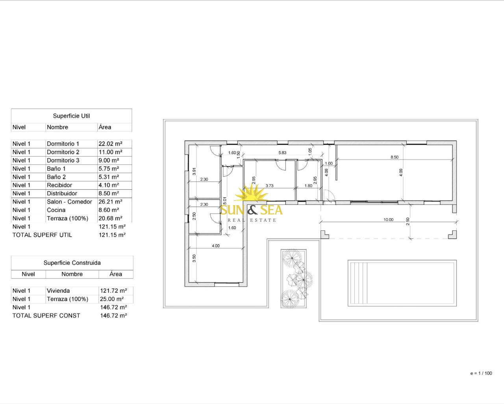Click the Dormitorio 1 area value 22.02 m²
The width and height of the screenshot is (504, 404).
[x=110, y=144]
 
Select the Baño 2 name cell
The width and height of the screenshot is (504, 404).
[x=56, y=177]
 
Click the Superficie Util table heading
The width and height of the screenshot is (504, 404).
[x=71, y=116]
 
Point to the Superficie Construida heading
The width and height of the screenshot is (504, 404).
[x=72, y=263]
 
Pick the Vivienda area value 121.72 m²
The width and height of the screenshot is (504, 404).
[x=113, y=291]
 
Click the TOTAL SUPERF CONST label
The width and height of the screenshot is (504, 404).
[x=46, y=316]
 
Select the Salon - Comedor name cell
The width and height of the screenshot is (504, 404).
[x=69, y=202]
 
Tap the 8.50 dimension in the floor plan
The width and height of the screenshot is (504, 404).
[x=395, y=157]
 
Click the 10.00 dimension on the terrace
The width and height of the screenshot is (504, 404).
[x=388, y=219]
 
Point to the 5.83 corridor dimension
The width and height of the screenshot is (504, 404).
[x=282, y=153]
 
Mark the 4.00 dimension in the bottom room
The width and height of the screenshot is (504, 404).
[x=216, y=246]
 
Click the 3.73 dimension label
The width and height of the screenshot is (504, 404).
[x=269, y=186]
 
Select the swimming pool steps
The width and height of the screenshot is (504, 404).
[x=359, y=283]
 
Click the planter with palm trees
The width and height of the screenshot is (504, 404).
[x=294, y=279]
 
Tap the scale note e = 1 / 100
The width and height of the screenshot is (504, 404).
[x=481, y=373]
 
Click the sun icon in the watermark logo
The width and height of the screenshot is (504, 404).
[x=251, y=193]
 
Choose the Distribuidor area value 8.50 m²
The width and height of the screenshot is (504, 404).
[x=109, y=193]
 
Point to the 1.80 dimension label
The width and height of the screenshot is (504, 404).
[x=308, y=186]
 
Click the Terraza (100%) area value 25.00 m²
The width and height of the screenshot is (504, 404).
[x=112, y=299]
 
